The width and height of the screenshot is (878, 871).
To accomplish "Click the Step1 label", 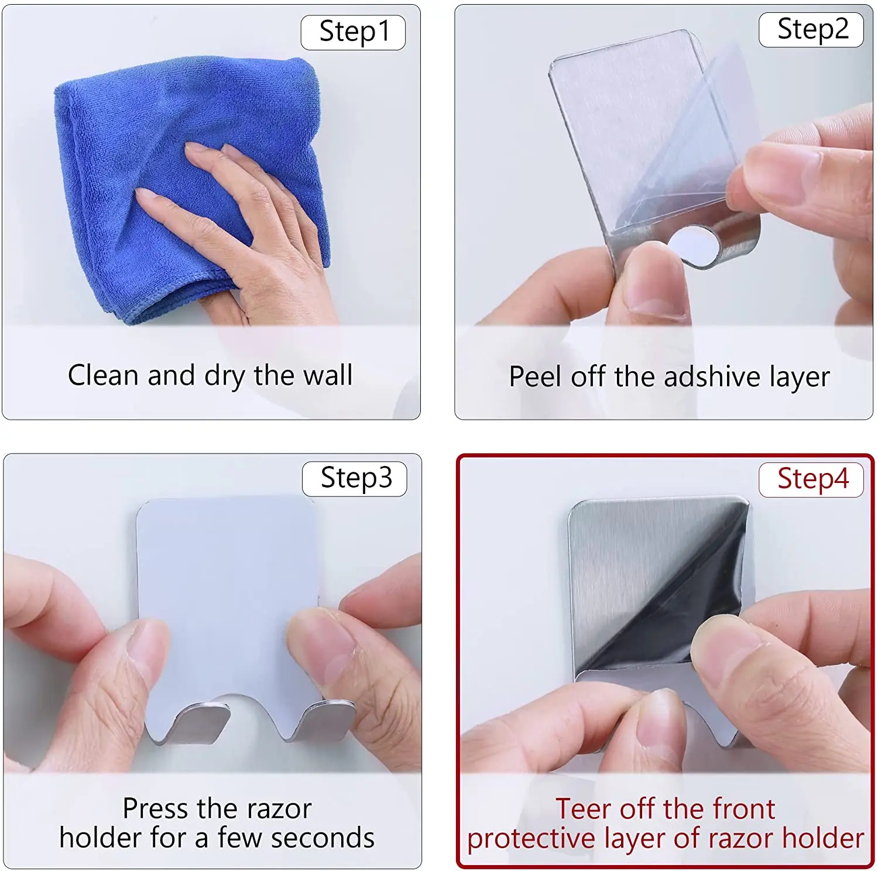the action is tap(353, 32).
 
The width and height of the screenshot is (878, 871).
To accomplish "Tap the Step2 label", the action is tap(811, 29).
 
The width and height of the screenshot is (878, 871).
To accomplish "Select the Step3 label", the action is tap(355, 479).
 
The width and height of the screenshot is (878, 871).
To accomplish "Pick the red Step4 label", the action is tap(811, 479).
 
